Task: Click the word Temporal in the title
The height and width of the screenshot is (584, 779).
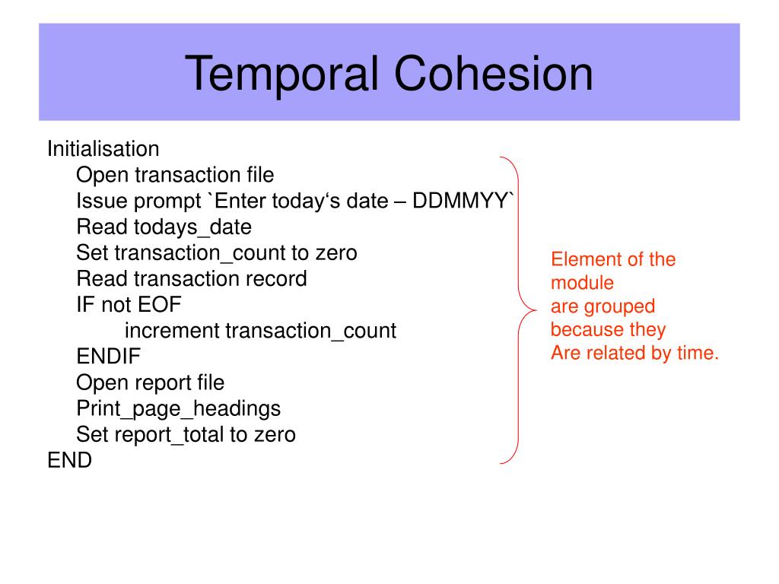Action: (x=283, y=75)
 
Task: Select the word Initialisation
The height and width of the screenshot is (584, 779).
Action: (x=103, y=148)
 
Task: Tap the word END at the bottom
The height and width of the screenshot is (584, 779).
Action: (x=69, y=460)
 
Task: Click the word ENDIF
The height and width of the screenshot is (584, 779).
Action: (x=109, y=357)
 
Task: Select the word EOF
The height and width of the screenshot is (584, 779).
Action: (x=160, y=305)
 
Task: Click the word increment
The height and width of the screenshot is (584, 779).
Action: (x=172, y=331)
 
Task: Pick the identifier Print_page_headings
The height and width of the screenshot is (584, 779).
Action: (x=178, y=408)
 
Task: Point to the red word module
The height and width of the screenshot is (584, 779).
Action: (x=582, y=283)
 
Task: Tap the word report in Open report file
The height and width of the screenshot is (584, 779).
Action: (x=165, y=382)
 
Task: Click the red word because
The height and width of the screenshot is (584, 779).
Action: (x=587, y=330)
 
